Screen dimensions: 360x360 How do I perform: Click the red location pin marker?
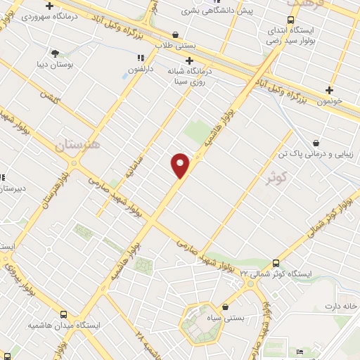tap(181, 165)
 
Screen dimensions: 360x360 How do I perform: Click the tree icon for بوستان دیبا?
tap(56, 53)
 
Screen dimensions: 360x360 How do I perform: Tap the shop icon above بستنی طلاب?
tap(175, 34)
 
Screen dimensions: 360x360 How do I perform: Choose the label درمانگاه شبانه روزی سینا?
tap(186, 75)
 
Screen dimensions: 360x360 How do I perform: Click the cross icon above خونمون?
tap(328, 89)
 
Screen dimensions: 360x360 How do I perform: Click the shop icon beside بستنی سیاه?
tap(226, 307)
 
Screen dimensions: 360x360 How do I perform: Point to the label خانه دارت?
tap(341, 307)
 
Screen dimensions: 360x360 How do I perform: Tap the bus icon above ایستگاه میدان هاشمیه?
tap(64, 315)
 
